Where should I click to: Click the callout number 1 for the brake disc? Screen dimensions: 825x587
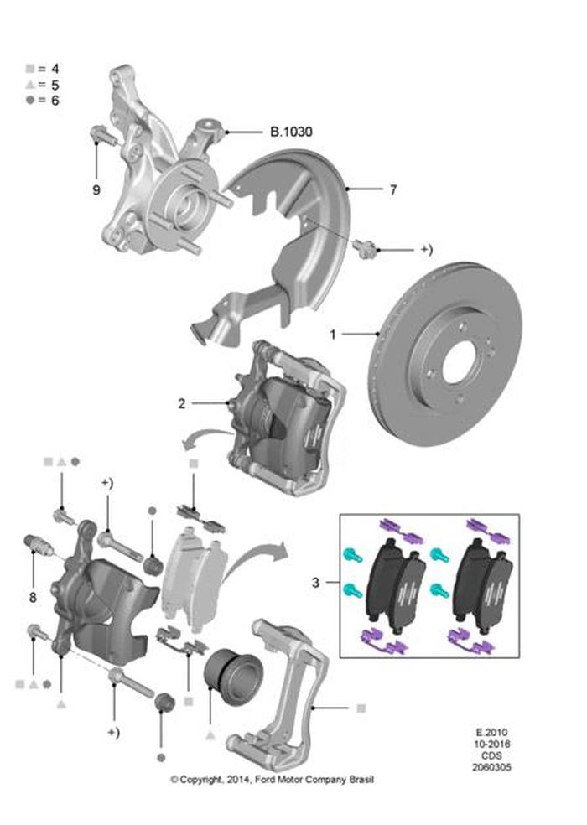coord(333,335)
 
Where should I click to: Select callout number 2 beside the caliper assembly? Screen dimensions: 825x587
coord(181,403)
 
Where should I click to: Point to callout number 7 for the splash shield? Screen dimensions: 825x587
coord(392,190)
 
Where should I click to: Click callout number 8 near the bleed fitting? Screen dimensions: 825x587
coord(32,598)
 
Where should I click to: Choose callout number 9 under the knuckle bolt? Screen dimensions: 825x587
coord(96,190)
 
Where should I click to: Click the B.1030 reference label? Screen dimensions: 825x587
coord(290,132)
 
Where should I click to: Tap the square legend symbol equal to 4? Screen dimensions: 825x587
coord(30,68)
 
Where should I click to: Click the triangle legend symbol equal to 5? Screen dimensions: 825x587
coord(30,84)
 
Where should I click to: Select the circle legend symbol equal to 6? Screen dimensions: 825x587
coord(30,100)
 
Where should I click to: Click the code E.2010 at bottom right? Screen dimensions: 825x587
coord(491,732)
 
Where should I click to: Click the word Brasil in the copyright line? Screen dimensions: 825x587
coord(358,780)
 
